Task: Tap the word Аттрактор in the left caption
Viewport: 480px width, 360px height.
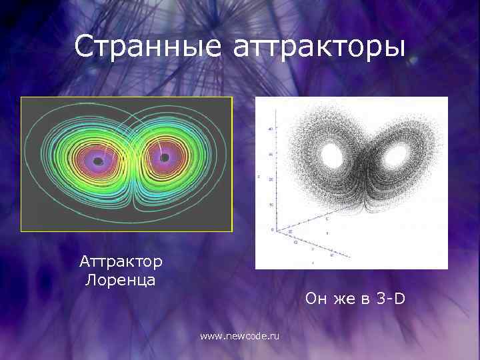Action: click(121, 261)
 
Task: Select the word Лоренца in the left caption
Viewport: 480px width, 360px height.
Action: click(121, 279)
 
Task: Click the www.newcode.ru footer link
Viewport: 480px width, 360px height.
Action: click(240, 337)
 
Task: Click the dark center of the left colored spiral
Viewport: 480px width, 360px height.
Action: click(98, 161)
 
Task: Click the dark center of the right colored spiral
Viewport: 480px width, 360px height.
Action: click(164, 158)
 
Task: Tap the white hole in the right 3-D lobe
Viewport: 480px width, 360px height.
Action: click(396, 156)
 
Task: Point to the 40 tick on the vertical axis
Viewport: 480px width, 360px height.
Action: click(269, 128)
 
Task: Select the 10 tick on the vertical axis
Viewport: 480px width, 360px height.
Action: click(269, 205)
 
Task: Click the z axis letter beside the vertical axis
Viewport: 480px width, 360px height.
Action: click(259, 177)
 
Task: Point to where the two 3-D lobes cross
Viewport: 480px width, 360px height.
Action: click(363, 167)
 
